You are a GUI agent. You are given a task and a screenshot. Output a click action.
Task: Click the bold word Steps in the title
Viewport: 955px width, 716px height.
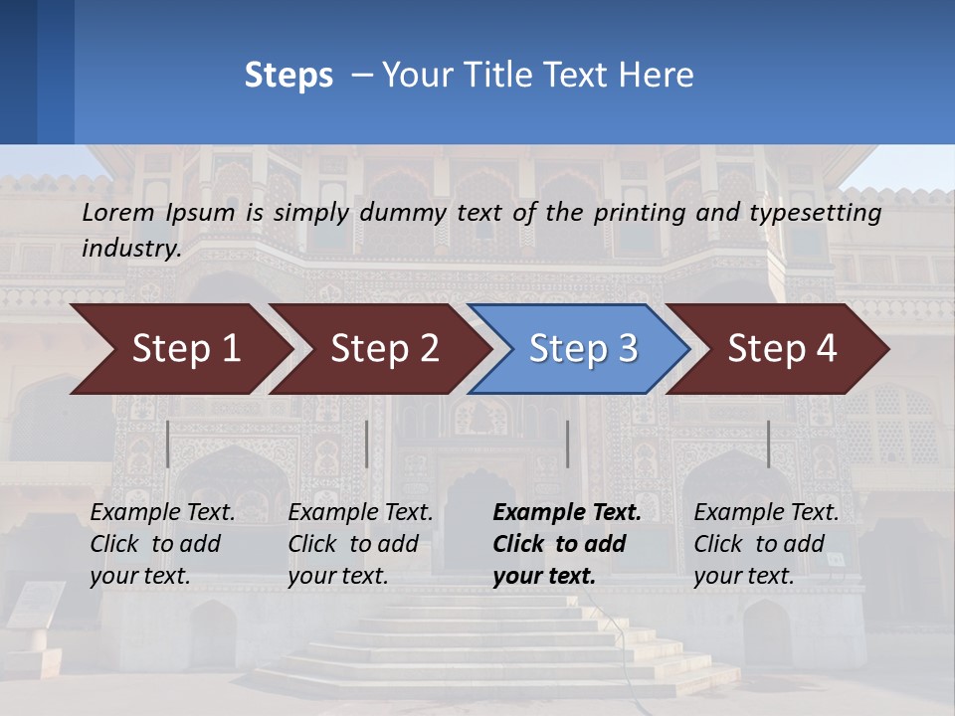pos(288,76)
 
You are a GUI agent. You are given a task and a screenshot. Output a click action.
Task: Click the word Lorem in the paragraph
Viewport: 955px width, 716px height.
pos(118,212)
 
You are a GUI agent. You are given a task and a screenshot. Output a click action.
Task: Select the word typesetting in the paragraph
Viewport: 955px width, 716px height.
pos(815,212)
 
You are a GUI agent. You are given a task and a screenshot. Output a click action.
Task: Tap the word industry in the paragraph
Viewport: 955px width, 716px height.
pos(130,248)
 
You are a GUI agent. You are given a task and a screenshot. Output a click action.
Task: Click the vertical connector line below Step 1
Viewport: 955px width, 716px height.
pos(168,444)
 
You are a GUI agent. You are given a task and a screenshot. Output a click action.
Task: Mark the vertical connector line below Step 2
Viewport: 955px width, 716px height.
pos(367,444)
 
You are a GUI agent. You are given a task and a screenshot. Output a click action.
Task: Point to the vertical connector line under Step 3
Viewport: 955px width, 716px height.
pos(567,444)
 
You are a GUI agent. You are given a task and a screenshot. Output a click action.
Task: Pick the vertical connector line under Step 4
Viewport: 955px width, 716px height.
pos(768,444)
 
